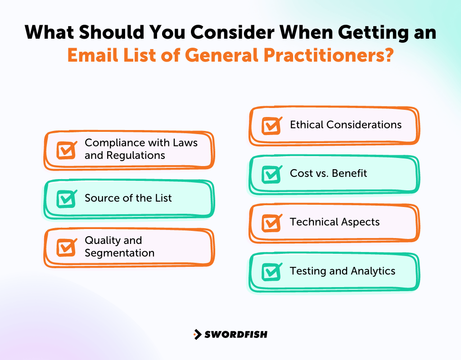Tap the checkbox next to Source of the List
pyautogui.click(x=66, y=198)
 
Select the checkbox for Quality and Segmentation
pyautogui.click(x=66, y=247)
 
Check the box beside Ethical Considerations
pyautogui.click(x=271, y=126)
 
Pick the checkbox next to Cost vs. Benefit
pyautogui.click(x=271, y=174)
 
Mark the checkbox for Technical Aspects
pyautogui.click(x=271, y=223)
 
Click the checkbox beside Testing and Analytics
pyautogui.click(x=271, y=271)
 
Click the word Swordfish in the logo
pyautogui.click(x=236, y=334)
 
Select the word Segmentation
pyautogui.click(x=119, y=253)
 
